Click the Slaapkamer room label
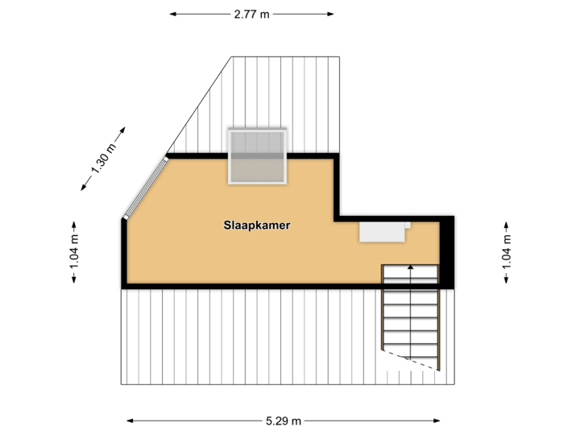[257, 226]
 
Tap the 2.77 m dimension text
[251, 14]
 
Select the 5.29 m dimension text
[284, 420]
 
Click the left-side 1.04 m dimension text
[74, 251]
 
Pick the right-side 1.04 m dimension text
[506, 251]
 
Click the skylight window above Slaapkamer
[258, 156]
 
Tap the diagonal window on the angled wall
[145, 186]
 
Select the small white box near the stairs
[382, 232]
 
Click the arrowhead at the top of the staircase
[411, 267]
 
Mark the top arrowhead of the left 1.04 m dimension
[74, 222]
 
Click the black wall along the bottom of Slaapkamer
[250, 284]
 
